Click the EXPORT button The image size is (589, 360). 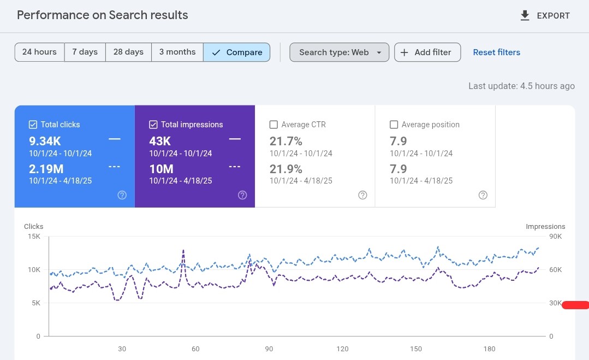545,16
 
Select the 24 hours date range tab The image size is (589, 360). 39,52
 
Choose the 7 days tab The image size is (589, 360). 85,52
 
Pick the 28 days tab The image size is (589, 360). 128,52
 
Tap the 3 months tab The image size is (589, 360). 177,52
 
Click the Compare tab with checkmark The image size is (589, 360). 237,52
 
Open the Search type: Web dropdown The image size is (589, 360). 339,52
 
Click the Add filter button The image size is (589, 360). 427,52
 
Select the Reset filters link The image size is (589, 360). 496,52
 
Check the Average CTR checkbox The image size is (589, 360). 274,125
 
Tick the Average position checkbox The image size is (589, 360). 394,125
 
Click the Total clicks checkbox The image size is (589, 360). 33,125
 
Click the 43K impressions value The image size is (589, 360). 160,141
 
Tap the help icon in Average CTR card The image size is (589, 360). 362,195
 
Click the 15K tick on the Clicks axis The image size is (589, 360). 34,237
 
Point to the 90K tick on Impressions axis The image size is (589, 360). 555,237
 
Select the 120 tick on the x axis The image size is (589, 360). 342,349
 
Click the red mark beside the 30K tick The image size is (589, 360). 575,305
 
